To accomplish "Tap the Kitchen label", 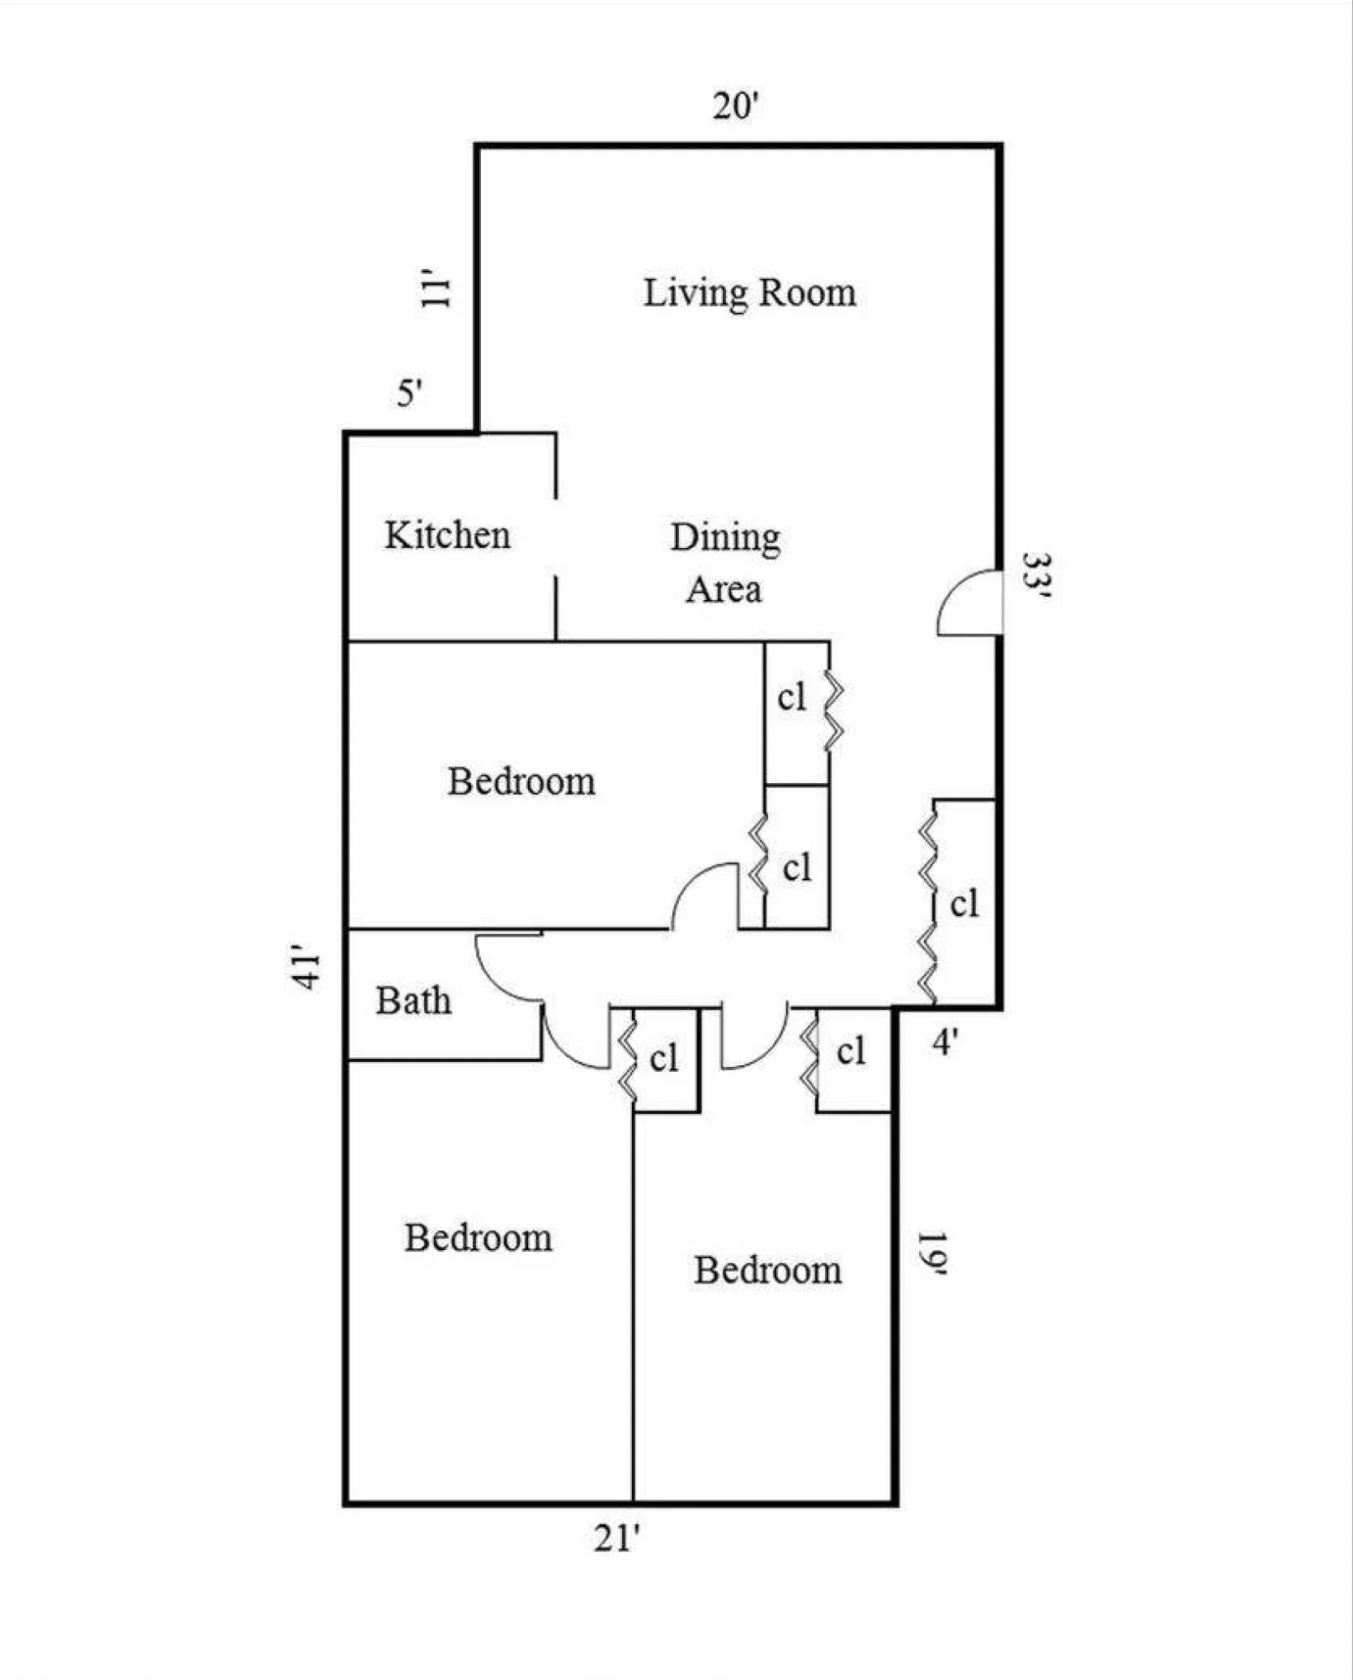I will tap(447, 536).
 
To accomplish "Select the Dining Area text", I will tap(724, 563).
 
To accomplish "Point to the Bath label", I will tap(413, 1001).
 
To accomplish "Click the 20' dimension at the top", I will tap(735, 106).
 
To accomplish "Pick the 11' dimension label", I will tap(436, 288).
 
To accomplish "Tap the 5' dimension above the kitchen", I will tap(410, 393).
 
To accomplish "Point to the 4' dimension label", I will tap(945, 1042).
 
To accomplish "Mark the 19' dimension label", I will tap(931, 1253).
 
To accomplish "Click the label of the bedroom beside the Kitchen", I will tap(521, 781).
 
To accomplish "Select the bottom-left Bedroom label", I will tap(478, 1238).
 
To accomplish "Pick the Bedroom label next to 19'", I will tap(767, 1270).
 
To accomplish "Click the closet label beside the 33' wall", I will tap(964, 904).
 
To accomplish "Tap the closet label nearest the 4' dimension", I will tap(851, 1051).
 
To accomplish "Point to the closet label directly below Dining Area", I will tap(791, 698).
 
